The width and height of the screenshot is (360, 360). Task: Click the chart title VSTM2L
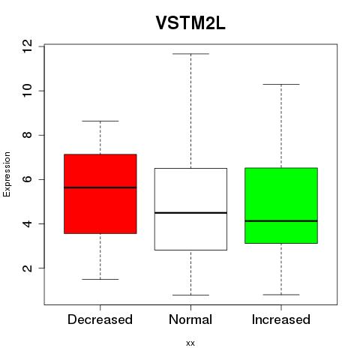190,23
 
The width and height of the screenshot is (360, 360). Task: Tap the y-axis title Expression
7,175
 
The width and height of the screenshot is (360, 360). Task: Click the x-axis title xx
190,343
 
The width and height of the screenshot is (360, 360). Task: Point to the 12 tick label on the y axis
27,46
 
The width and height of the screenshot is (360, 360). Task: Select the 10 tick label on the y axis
27,91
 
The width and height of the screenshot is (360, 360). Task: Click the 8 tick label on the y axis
27,135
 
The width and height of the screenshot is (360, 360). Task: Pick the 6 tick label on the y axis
27,179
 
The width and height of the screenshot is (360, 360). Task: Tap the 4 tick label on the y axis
27,223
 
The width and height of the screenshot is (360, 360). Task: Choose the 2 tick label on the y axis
27,268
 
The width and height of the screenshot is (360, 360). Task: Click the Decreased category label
100,319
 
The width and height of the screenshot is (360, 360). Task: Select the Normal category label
190,319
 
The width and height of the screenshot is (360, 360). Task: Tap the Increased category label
281,319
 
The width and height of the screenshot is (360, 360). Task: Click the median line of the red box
100,187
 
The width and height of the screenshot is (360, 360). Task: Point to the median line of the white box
190,213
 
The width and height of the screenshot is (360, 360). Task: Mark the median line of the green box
281,221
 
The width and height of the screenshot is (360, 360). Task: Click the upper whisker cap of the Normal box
190,54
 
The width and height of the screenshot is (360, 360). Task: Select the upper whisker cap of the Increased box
281,84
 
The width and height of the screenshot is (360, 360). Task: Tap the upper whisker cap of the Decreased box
100,121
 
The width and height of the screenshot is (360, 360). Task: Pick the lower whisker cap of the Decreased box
100,279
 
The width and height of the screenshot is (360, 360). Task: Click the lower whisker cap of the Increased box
281,295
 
